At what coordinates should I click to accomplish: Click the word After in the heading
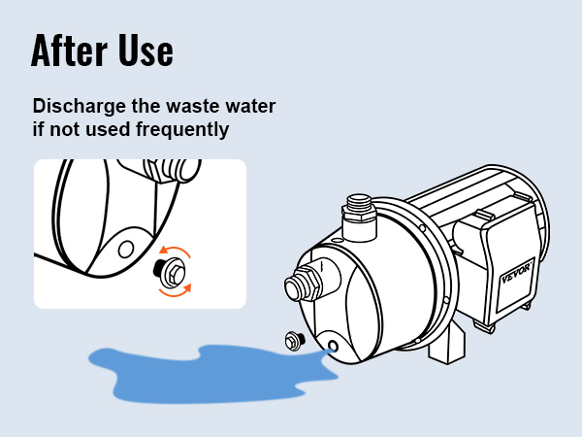pos(70,50)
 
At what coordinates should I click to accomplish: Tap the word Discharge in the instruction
pos(80,107)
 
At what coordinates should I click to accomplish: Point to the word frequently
pos(182,130)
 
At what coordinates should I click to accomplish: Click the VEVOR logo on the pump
pos(516,274)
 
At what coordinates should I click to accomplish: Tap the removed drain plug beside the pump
pos(295,341)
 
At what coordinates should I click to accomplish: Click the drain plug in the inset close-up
pos(169,271)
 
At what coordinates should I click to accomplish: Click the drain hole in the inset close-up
pos(126,249)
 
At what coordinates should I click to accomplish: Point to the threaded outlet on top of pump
pos(358,218)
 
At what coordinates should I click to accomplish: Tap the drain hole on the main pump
pos(332,347)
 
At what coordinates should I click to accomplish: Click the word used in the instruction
pos(108,129)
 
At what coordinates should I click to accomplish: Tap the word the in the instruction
pos(145,106)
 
